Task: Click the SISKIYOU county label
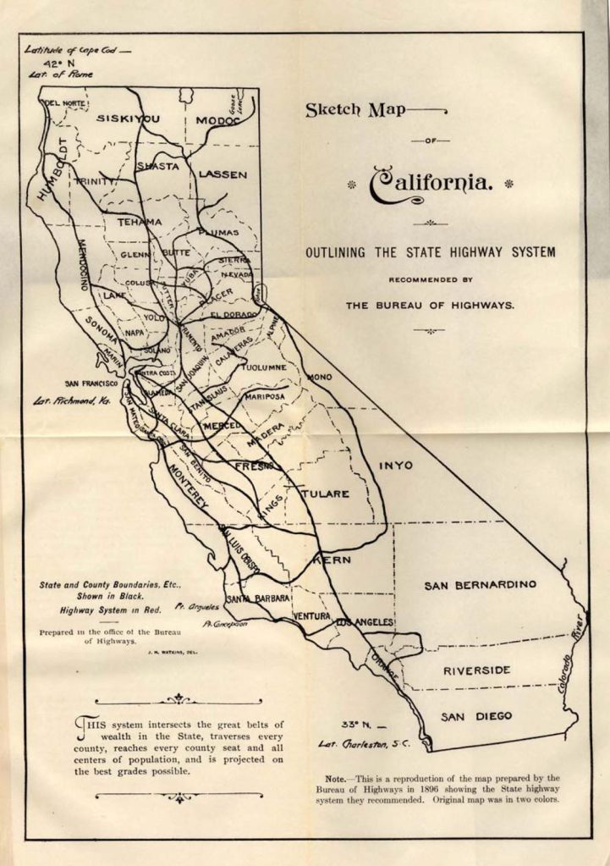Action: [x=128, y=119]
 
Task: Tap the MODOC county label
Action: [x=218, y=120]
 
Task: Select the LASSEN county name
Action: [x=223, y=174]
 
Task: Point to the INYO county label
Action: [x=395, y=465]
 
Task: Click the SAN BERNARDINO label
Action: [x=480, y=585]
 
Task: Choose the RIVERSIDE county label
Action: [x=477, y=670]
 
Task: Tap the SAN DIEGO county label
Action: [x=476, y=716]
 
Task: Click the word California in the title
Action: [x=431, y=183]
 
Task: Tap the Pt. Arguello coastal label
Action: [x=198, y=606]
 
